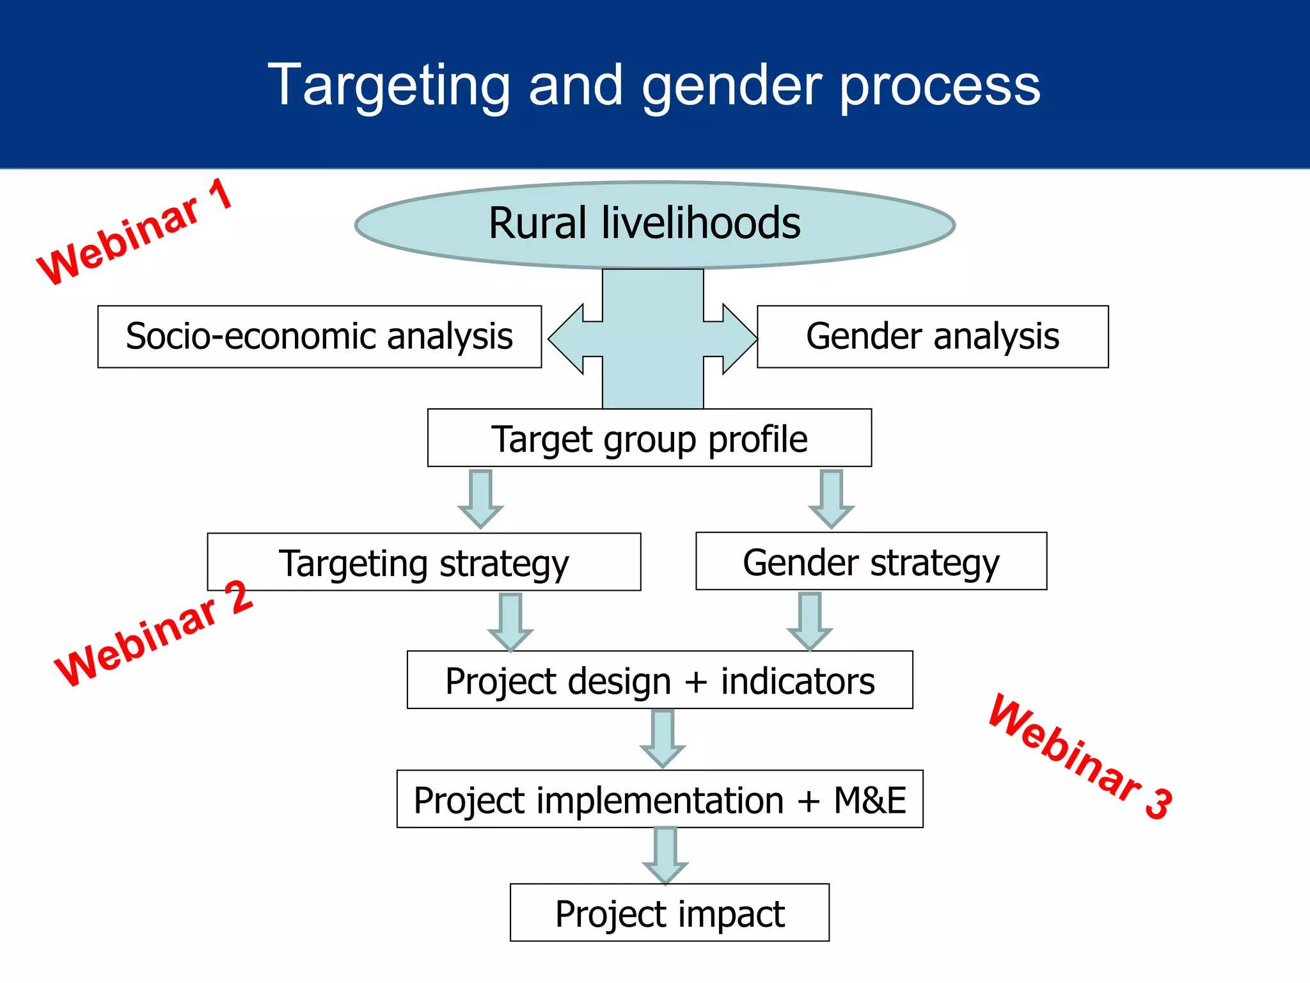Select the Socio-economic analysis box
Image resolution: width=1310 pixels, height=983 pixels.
pyautogui.click(x=319, y=337)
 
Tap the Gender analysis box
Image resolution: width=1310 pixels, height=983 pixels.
pyautogui.click(x=932, y=337)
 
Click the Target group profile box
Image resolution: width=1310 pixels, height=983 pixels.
pyautogui.click(x=649, y=438)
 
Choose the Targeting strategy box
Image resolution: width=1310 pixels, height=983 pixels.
pyautogui.click(x=423, y=562)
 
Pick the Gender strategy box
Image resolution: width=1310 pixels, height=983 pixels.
pyautogui.click(x=871, y=561)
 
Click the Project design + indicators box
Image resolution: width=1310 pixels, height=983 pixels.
pyautogui.click(x=659, y=680)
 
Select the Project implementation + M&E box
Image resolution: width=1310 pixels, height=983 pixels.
pyautogui.click(x=659, y=799)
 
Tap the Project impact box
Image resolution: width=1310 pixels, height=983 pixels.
pyautogui.click(x=669, y=913)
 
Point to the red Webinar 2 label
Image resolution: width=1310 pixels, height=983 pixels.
pyautogui.click(x=154, y=634)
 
